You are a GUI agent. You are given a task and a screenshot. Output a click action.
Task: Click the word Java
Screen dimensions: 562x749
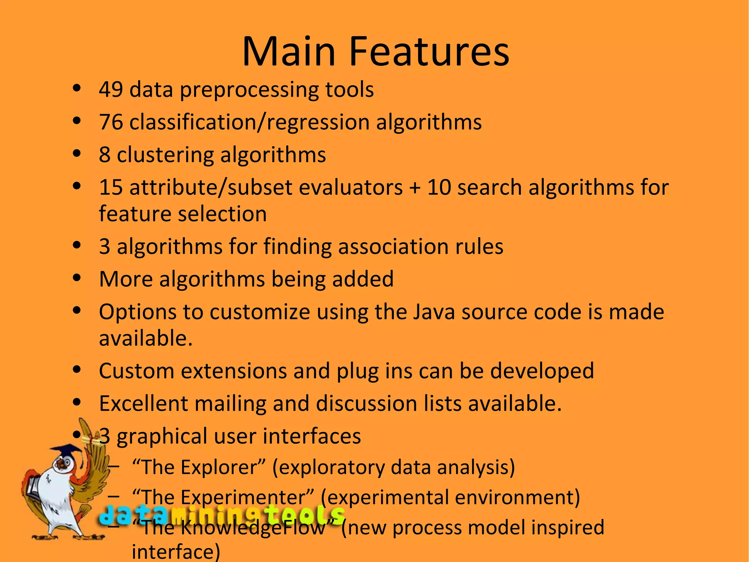pos(434,312)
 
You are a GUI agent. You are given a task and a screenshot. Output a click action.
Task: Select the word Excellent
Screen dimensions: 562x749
pos(143,403)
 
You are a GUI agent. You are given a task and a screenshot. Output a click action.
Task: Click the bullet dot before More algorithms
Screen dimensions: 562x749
pos(77,278)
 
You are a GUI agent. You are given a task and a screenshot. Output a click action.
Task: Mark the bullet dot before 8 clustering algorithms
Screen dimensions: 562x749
pos(77,154)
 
